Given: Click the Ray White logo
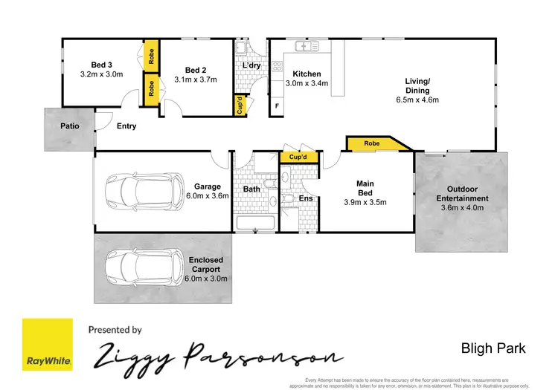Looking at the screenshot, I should point(48,344).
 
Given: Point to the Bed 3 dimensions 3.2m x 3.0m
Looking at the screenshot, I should point(100,74).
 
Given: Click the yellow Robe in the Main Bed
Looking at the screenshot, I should point(373,143).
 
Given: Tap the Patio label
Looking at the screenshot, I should point(69,126).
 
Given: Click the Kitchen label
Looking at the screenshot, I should point(306,74).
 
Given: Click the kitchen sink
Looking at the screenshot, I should point(307,47).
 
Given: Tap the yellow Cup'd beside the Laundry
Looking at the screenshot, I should point(240,105).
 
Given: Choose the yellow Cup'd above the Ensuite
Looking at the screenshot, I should point(298,157).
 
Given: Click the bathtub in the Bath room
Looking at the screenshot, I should point(254,224).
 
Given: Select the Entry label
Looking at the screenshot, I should point(126,126).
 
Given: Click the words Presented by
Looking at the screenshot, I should point(115,329).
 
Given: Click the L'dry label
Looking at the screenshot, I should point(251,65).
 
